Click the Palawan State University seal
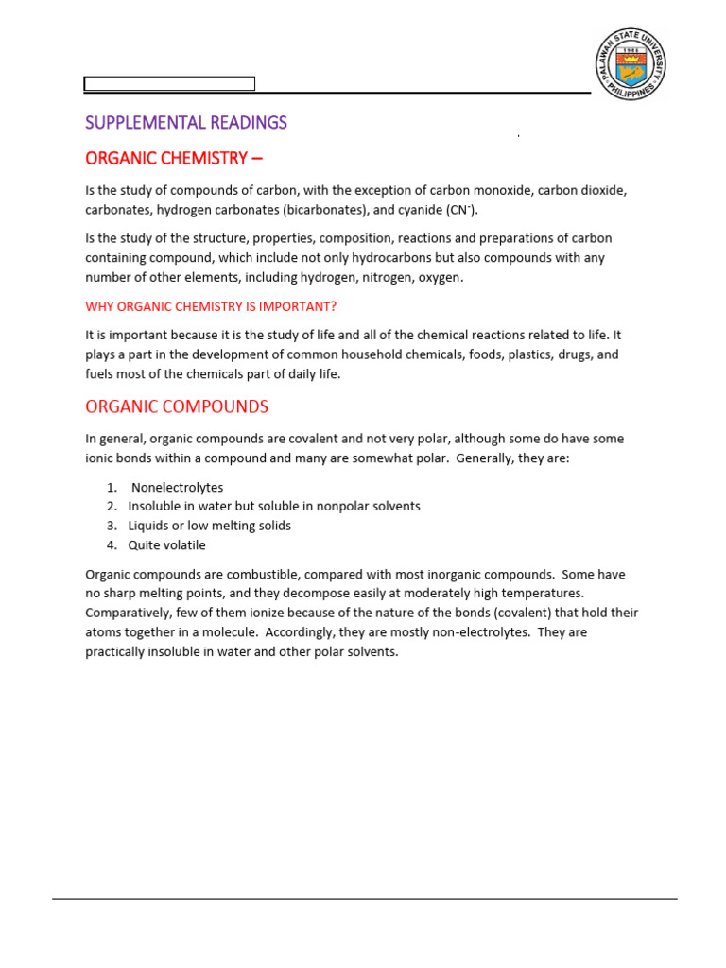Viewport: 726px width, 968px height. click(x=631, y=65)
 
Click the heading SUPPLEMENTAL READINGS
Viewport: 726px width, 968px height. click(x=186, y=123)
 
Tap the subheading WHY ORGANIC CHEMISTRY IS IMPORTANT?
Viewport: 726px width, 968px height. click(x=211, y=306)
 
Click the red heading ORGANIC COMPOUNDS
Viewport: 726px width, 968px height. click(x=177, y=407)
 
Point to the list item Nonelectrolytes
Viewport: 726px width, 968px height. click(x=178, y=488)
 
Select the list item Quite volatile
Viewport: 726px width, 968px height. click(x=166, y=545)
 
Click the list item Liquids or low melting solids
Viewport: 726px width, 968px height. click(x=210, y=526)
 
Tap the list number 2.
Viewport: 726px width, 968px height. click(x=111, y=507)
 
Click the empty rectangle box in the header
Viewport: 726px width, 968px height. click(x=170, y=83)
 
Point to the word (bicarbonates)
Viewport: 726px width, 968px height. click(x=314, y=210)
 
